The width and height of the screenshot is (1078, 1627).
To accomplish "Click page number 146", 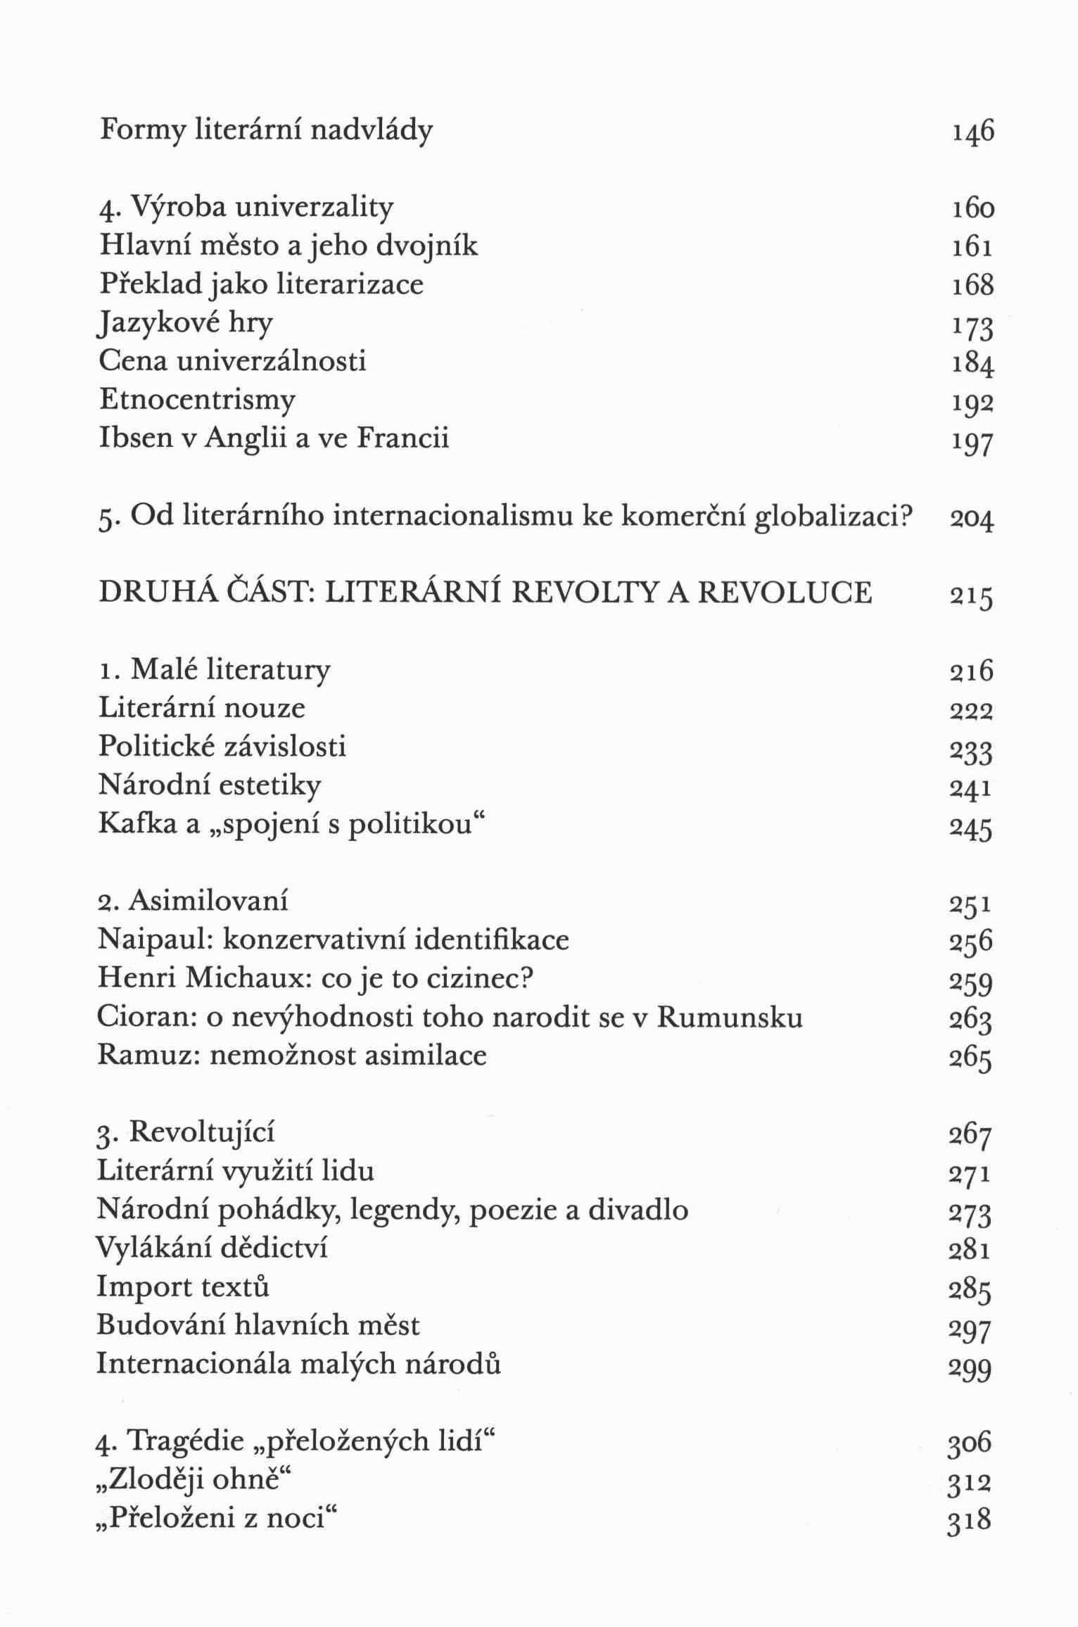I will [972, 132].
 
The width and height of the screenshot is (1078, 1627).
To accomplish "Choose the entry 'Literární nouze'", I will [202, 707].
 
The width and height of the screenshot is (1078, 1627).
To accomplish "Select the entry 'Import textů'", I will [183, 1286].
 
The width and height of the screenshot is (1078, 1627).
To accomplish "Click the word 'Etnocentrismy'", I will [197, 400].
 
